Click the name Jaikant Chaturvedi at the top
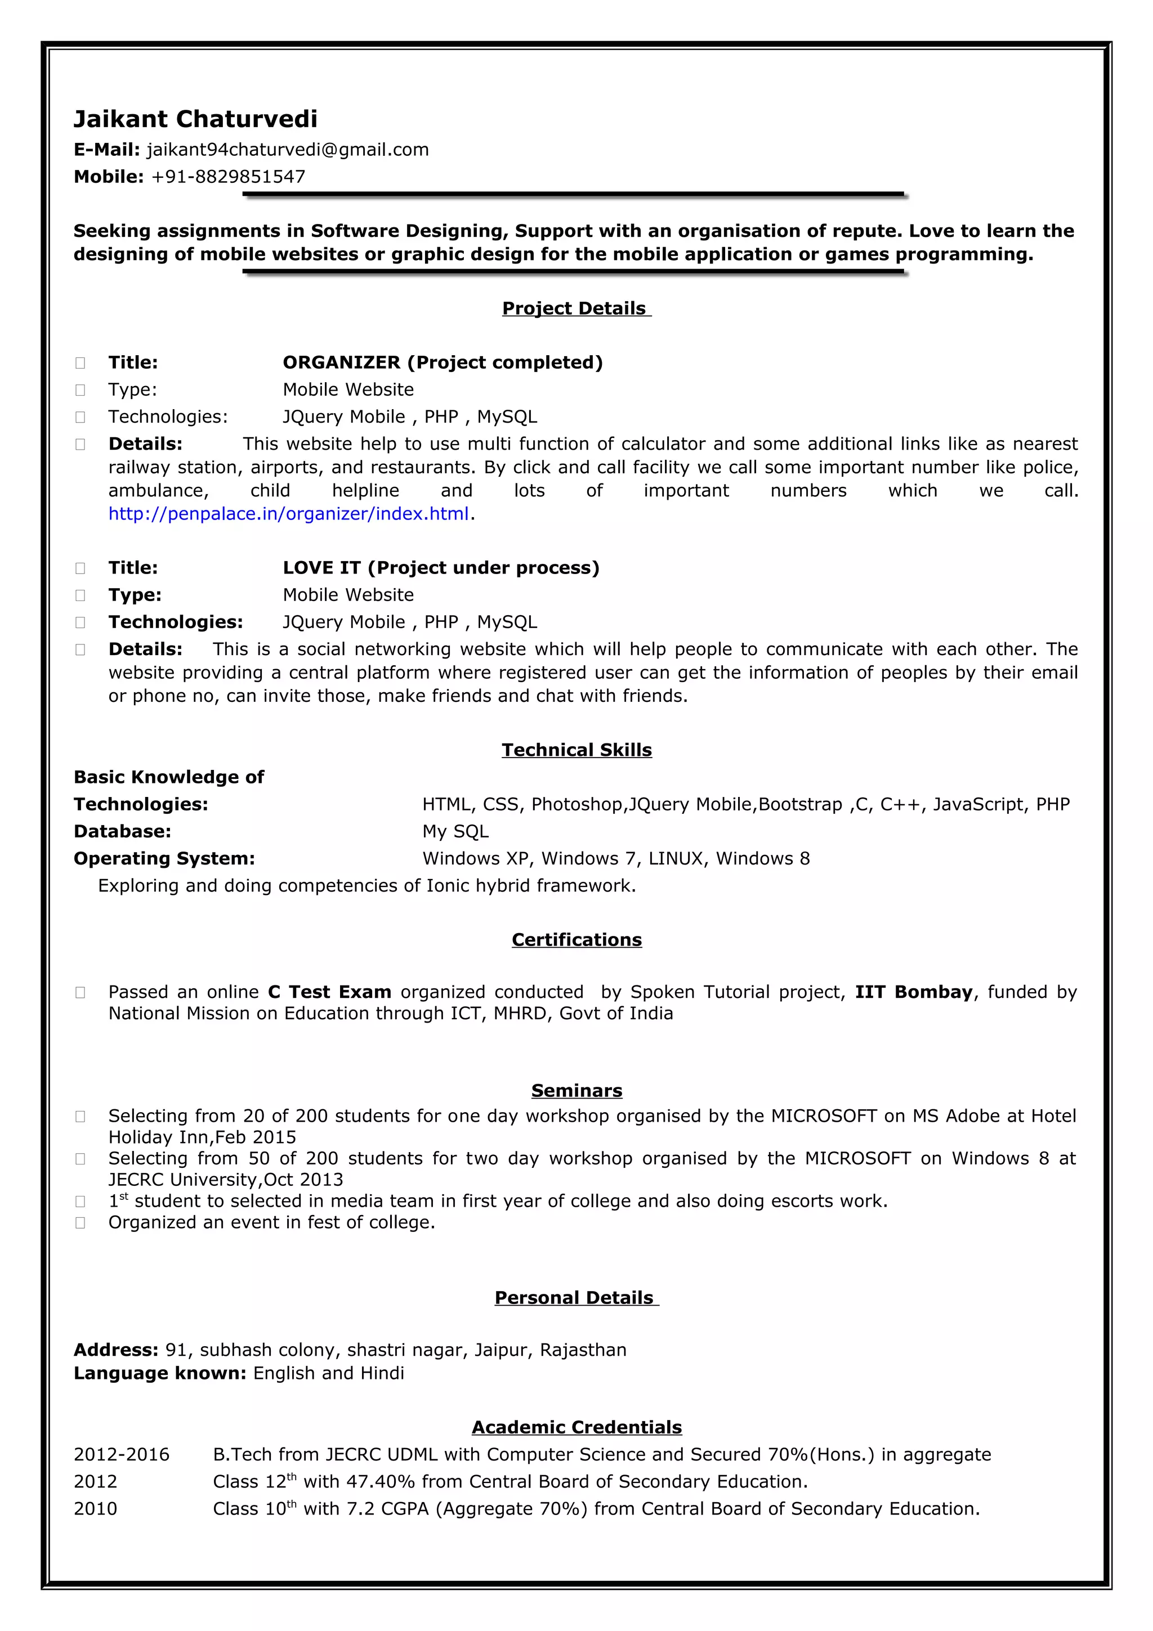pos(195,119)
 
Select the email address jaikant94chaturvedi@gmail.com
pos(287,150)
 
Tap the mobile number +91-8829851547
pos(227,177)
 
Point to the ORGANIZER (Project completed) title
pos(442,362)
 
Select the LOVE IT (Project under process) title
pos(440,567)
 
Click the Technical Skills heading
pos(576,750)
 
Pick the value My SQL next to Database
pos(455,831)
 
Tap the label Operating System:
pos(164,858)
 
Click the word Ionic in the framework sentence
pos(445,886)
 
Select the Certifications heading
pos(576,940)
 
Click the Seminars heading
pos(576,1090)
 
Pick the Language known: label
pos(160,1373)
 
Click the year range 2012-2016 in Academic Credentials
pos(122,1455)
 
